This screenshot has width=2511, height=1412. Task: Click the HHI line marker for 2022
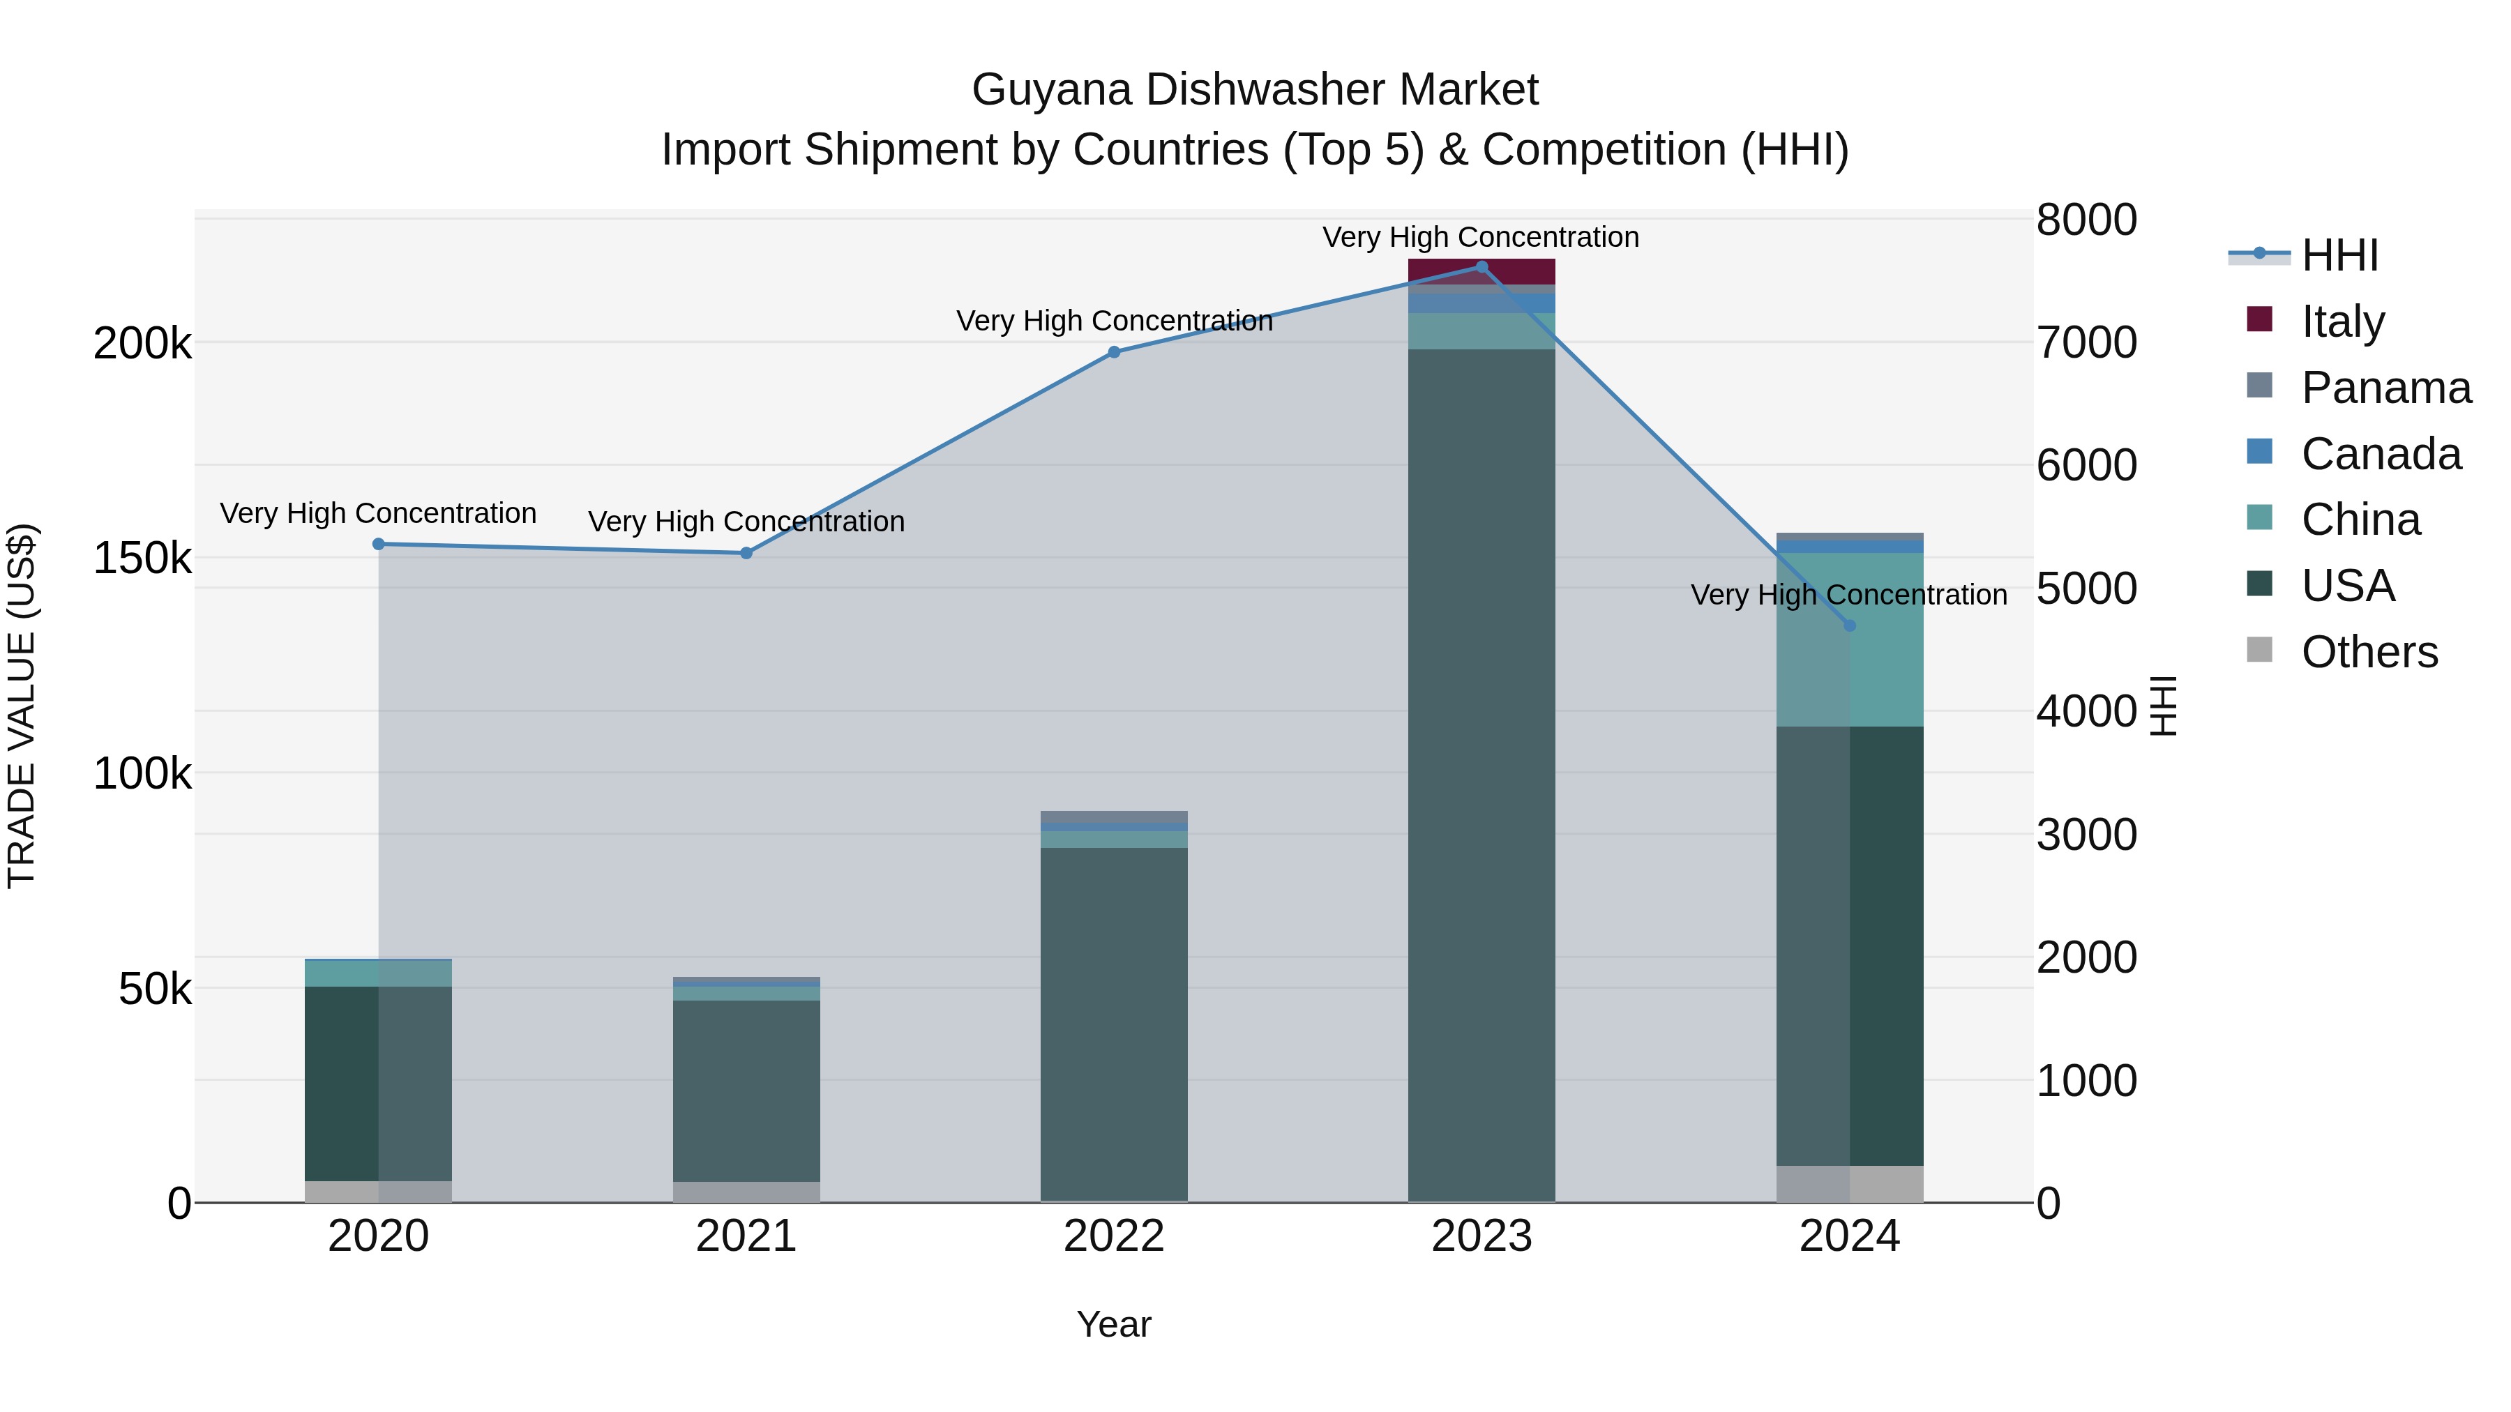(1114, 352)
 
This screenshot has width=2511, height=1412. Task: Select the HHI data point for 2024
(1849, 625)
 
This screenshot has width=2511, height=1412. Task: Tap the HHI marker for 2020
(379, 544)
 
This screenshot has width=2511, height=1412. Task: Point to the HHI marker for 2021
(746, 552)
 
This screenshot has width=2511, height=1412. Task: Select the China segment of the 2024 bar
(1849, 639)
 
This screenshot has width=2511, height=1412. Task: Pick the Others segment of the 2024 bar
(1849, 1183)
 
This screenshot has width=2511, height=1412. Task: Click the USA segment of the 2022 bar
(1114, 1023)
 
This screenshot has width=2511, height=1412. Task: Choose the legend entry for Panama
(2384, 388)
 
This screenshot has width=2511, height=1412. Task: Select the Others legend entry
(2368, 652)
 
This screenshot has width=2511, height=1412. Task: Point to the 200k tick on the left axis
(142, 343)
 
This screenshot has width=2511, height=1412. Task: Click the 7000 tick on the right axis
(2086, 343)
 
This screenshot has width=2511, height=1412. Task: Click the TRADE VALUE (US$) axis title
(22, 706)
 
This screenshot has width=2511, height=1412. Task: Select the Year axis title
(1114, 1324)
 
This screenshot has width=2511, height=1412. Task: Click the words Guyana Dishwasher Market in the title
(1255, 90)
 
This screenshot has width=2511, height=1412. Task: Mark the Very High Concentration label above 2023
(1481, 237)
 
